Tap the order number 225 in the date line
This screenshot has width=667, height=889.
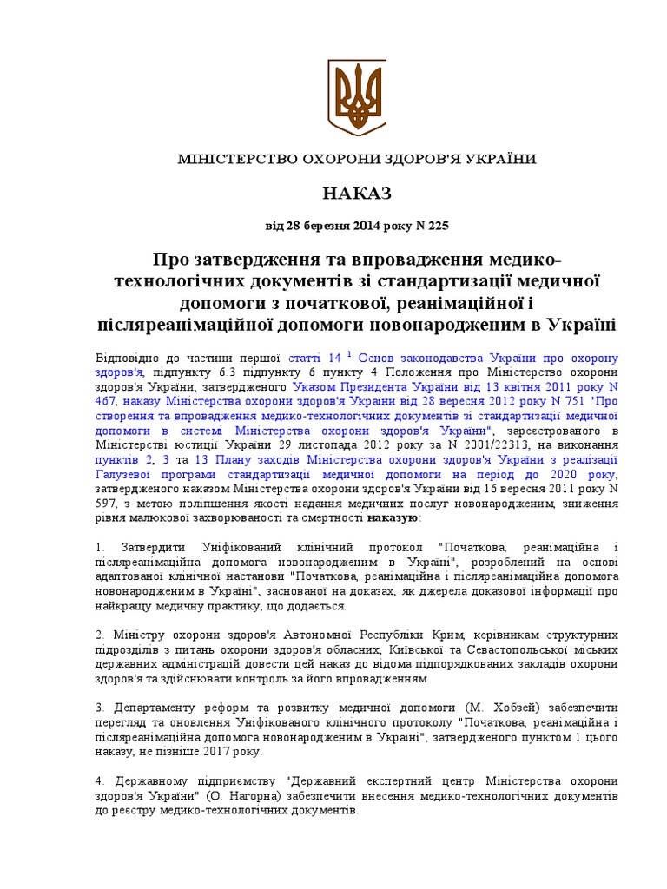coord(439,226)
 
